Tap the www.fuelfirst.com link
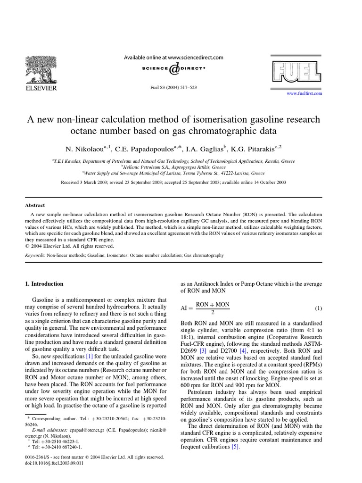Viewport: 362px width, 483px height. pyautogui.click(x=304, y=94)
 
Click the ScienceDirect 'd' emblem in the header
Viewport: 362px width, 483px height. pyautogui.click(x=173, y=69)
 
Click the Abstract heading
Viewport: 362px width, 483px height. pyautogui.click(x=35, y=205)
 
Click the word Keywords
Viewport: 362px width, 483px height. pyautogui.click(x=35, y=255)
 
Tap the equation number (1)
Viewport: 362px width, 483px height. pyautogui.click(x=319, y=308)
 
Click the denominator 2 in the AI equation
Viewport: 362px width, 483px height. pyautogui.click(x=213, y=313)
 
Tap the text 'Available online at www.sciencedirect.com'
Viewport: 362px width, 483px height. pyautogui.click(x=173, y=58)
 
